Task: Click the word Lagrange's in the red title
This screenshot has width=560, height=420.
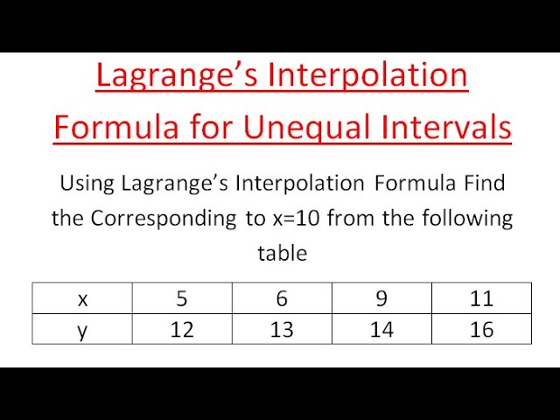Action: tap(171, 76)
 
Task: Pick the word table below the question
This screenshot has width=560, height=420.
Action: tap(282, 254)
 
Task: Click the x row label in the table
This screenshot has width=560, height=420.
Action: tap(83, 299)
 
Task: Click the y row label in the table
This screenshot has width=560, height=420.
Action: tap(83, 330)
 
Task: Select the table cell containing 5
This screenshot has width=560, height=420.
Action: tap(182, 299)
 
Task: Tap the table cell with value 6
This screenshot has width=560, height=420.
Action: tap(282, 299)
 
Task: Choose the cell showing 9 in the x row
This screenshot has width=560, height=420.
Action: tap(381, 299)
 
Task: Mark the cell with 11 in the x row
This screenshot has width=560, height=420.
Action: tap(481, 299)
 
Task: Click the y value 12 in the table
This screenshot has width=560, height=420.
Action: tap(182, 330)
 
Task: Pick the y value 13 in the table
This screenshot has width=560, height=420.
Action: tap(282, 330)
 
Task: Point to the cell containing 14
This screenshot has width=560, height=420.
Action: tap(381, 330)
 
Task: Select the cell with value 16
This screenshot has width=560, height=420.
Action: tap(481, 330)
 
